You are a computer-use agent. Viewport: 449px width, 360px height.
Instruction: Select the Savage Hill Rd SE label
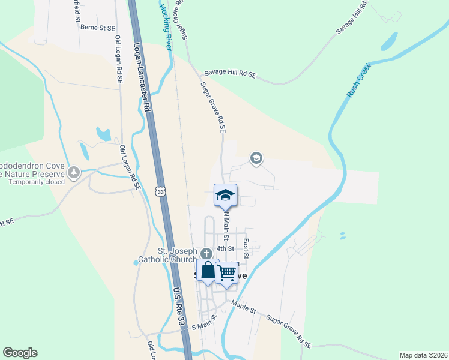(230, 73)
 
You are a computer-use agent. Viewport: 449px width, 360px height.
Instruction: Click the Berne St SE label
(97, 28)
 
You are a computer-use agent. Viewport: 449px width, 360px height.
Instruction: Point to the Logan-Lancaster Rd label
(141, 77)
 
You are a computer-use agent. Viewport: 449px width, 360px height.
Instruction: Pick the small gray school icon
(256, 158)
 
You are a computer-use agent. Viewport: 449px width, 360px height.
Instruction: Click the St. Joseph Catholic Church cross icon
(206, 253)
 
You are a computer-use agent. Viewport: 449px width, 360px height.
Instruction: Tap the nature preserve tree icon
(74, 173)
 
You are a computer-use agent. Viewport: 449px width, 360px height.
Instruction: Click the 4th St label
(224, 248)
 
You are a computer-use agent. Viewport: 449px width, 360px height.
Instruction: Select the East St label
(246, 245)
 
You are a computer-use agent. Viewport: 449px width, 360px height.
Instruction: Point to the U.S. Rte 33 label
(179, 308)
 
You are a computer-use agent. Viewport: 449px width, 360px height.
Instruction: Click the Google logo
(20, 353)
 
